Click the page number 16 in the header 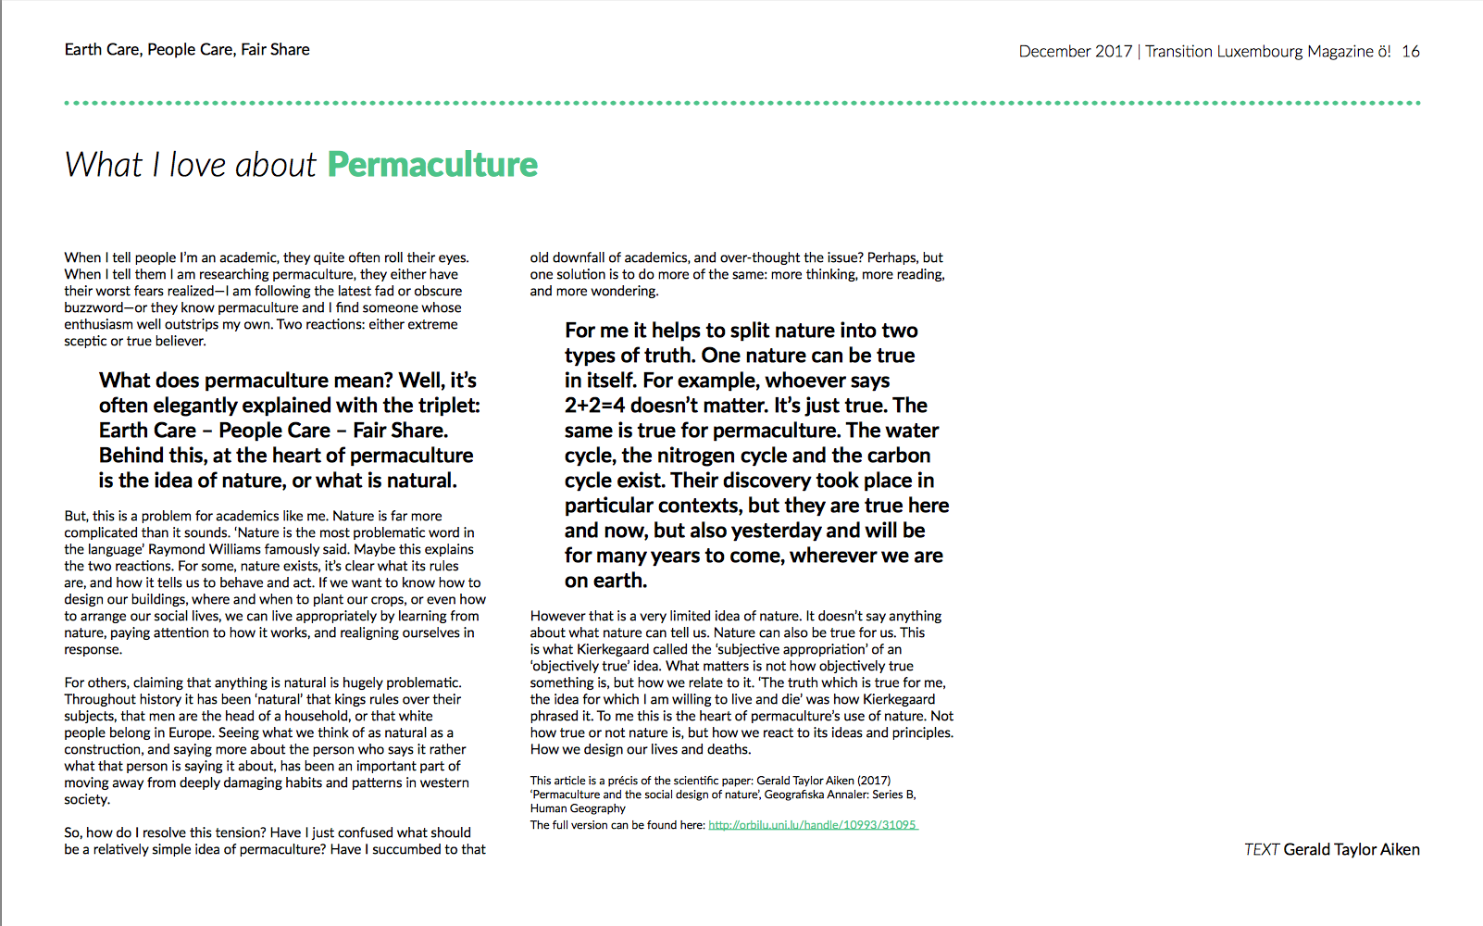coord(1411,52)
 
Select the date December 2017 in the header coord(1075,52)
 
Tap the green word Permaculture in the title coord(432,165)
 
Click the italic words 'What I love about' coord(191,165)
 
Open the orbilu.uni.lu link coord(813,825)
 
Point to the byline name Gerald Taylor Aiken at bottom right coord(1352,850)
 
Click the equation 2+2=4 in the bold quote coord(594,406)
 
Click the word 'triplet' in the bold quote coord(448,406)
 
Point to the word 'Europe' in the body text coord(190,732)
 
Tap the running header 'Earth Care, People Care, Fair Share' coord(187,50)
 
